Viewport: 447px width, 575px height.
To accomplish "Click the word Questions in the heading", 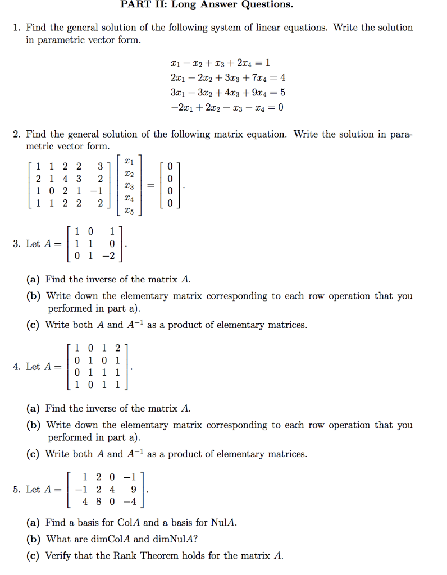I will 267,5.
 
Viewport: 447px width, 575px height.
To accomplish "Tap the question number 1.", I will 16,28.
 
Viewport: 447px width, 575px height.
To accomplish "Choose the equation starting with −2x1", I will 223,107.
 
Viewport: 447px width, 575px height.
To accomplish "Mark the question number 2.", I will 17,134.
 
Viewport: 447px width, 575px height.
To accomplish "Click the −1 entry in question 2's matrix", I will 97,191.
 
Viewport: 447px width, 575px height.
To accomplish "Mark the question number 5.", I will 16,490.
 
